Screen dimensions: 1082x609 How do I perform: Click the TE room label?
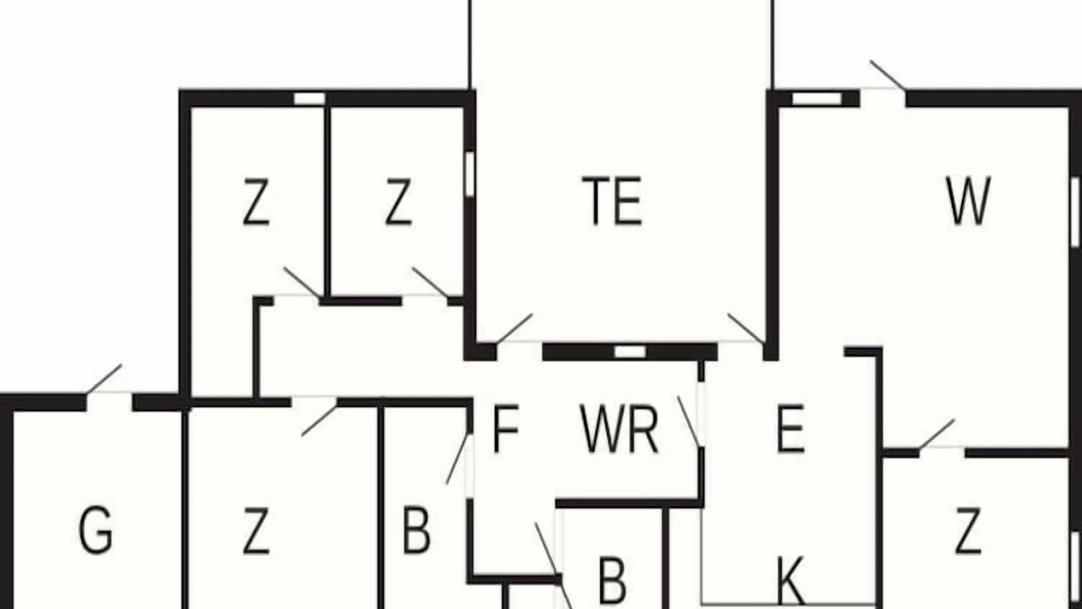(612, 200)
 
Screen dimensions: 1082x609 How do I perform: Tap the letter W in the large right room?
(969, 200)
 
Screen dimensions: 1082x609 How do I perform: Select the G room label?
(96, 529)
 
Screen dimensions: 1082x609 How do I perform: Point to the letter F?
(505, 429)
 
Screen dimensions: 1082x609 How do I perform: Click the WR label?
(620, 429)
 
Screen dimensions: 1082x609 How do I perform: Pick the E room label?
(790, 429)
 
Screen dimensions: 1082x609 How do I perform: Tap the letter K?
(790, 580)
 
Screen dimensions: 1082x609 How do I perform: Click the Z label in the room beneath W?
(969, 530)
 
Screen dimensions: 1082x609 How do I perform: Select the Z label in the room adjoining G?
(255, 530)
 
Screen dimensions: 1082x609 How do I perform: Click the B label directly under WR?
(613, 580)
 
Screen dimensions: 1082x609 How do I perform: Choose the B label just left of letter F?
(417, 529)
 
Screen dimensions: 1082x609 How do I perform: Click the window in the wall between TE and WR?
(630, 352)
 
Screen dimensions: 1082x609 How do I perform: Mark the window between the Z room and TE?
(469, 174)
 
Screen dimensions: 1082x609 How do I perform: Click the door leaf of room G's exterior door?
(104, 379)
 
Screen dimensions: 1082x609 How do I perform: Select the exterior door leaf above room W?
(888, 75)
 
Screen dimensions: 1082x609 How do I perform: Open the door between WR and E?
(689, 421)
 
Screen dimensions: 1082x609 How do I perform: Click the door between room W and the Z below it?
(937, 435)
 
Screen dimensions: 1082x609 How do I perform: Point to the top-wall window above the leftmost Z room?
(309, 99)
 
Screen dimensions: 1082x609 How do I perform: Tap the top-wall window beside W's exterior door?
(817, 99)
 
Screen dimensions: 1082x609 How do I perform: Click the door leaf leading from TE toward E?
(746, 329)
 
